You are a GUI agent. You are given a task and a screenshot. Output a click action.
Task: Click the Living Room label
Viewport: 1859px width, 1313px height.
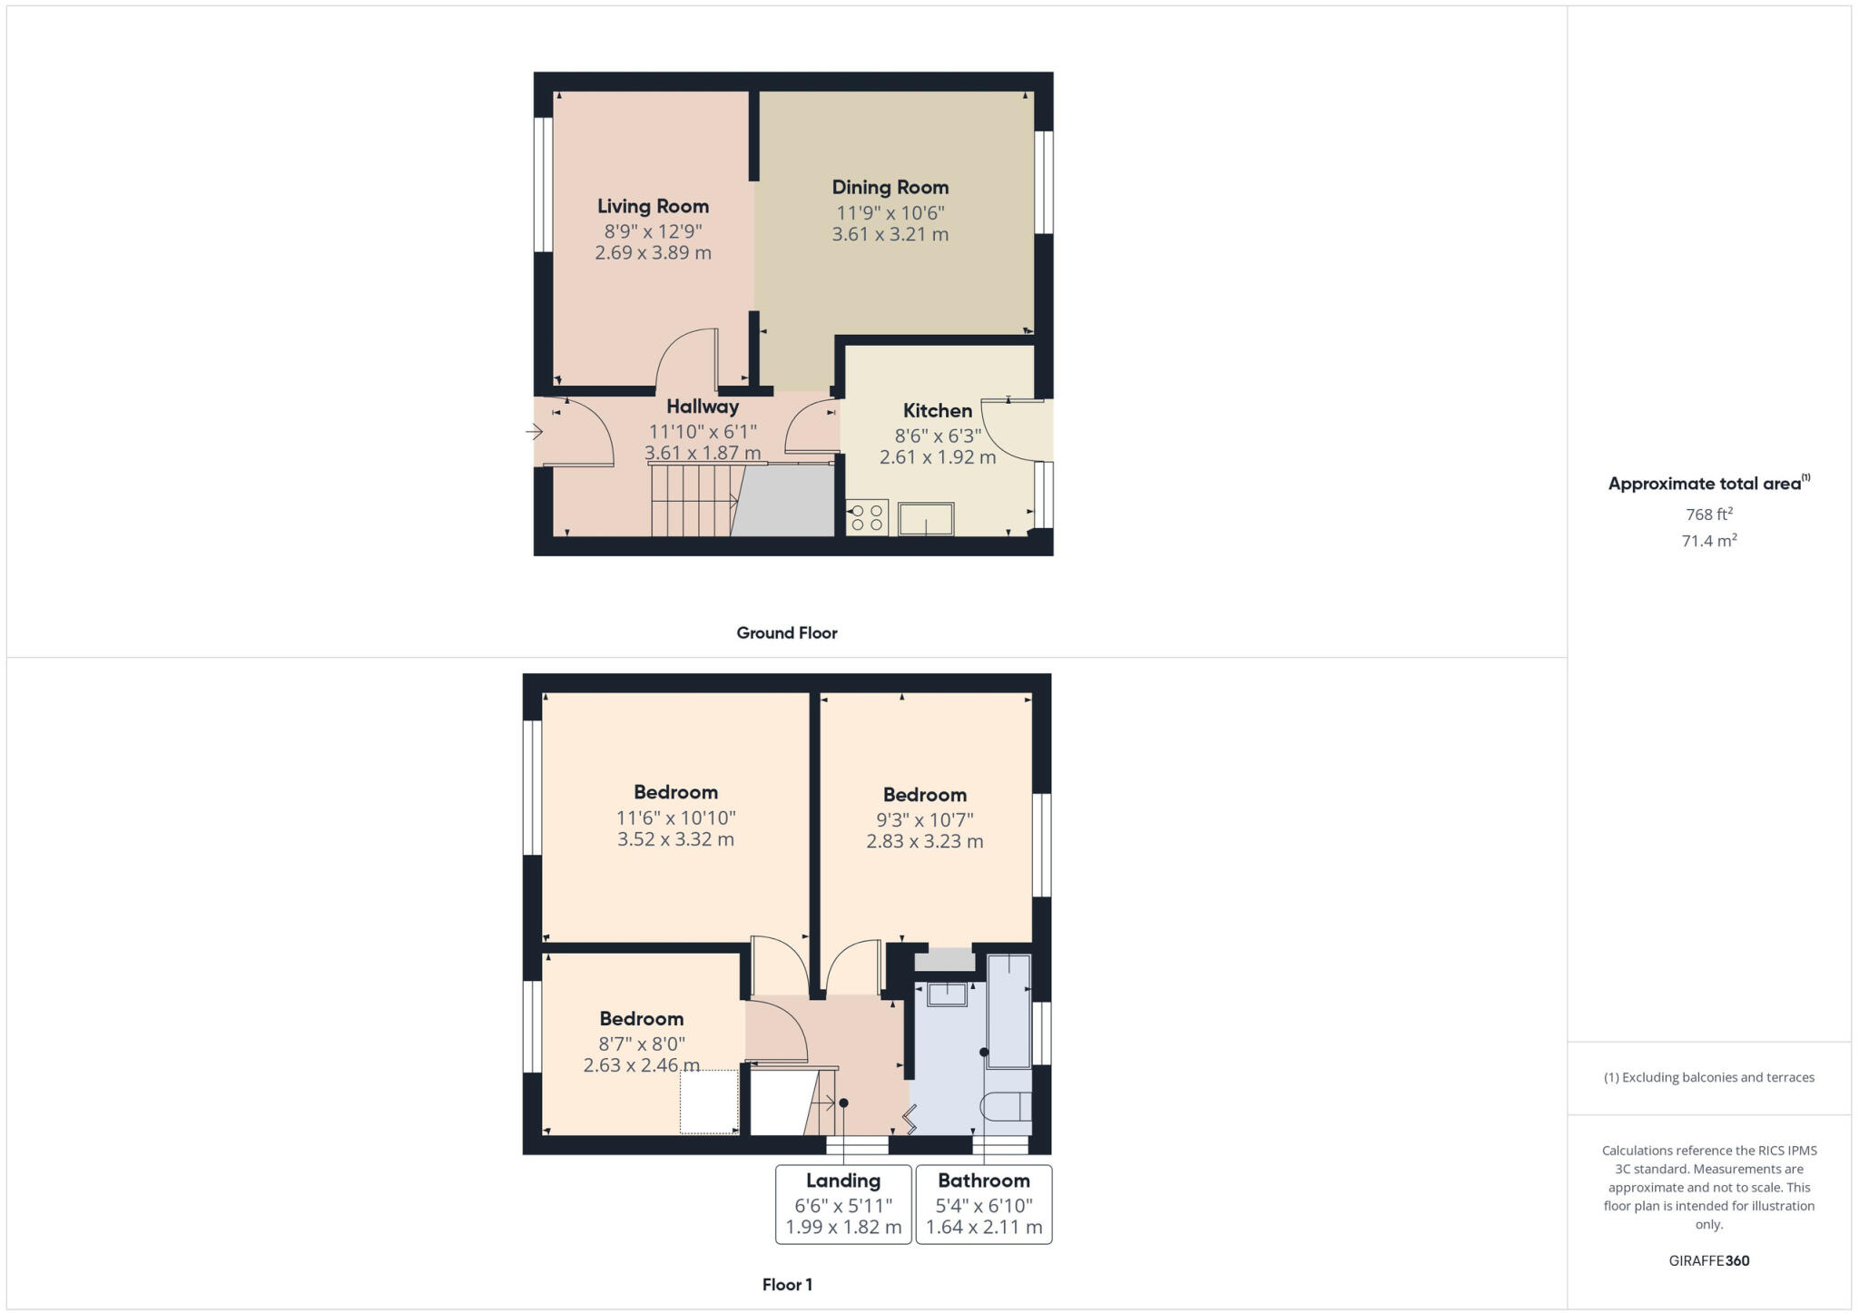653,207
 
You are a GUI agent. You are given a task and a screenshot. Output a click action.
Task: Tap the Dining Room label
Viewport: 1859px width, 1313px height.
890,188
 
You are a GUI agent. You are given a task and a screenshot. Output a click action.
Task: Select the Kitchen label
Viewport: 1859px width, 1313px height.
937,411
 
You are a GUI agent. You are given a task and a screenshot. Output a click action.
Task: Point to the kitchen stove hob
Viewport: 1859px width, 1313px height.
867,517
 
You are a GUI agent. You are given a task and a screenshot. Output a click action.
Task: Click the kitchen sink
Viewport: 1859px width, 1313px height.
926,519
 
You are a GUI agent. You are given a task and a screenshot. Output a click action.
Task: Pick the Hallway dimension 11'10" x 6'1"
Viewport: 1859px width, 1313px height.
703,432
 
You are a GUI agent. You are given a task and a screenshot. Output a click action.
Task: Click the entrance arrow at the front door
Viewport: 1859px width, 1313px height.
534,432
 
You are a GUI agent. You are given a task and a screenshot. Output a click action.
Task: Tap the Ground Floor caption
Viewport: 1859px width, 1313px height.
786,633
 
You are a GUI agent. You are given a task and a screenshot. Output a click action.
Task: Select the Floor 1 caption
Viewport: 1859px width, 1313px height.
786,1285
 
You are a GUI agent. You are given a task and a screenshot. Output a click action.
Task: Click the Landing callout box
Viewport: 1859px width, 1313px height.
843,1204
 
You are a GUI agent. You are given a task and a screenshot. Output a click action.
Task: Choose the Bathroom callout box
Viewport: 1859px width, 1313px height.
984,1204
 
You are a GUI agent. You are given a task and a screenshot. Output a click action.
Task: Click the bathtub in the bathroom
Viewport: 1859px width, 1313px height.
1008,1010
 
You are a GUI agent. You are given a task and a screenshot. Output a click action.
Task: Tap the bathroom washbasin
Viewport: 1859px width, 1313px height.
947,995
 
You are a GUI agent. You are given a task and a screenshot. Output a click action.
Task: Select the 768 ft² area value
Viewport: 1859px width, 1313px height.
1708,514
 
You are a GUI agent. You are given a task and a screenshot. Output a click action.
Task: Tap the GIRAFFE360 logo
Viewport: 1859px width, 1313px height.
1708,1260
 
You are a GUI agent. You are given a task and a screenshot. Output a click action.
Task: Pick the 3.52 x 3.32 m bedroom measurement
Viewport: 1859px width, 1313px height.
675,839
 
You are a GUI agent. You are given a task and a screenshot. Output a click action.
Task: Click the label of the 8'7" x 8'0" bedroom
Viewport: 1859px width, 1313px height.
641,1019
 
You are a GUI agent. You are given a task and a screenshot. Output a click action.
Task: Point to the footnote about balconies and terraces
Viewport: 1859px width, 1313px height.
1708,1078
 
